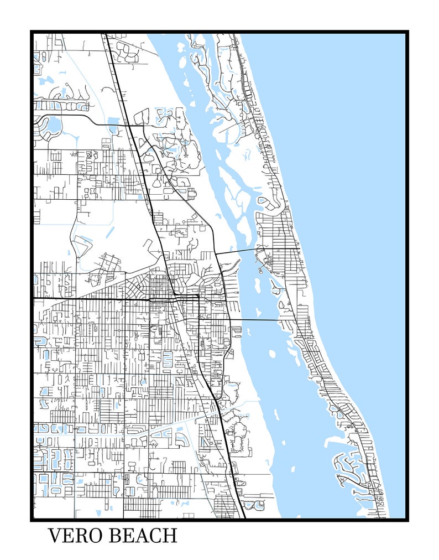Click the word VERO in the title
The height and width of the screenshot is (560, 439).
(75, 536)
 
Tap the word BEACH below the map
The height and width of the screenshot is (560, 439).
(143, 536)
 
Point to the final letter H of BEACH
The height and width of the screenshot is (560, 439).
(170, 536)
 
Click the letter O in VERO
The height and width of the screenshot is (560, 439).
(96, 536)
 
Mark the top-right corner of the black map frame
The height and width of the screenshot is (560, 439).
(407, 32)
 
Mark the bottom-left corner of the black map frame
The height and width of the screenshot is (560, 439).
(32, 520)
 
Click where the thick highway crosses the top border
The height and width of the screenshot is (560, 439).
(104, 33)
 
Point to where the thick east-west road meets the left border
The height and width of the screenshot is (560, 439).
(33, 299)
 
